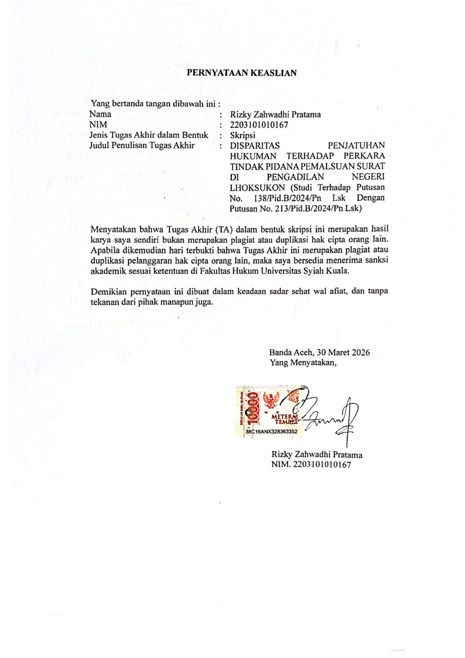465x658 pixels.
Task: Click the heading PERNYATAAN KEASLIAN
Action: pyautogui.click(x=242, y=73)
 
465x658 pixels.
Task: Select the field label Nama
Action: pyautogui.click(x=100, y=114)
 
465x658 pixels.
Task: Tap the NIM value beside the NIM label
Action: pyautogui.click(x=259, y=125)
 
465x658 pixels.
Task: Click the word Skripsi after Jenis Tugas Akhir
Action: pyautogui.click(x=242, y=135)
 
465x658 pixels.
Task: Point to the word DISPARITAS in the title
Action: pyautogui.click(x=254, y=146)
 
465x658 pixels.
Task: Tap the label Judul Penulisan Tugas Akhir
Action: pyautogui.click(x=142, y=146)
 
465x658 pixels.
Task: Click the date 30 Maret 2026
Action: pyautogui.click(x=343, y=352)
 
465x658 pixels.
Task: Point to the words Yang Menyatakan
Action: pyautogui.click(x=303, y=363)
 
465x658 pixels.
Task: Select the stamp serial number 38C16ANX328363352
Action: pyautogui.click(x=271, y=432)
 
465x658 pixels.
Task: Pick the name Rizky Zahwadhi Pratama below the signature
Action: pyautogui.click(x=317, y=455)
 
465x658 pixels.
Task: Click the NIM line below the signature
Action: pyautogui.click(x=311, y=465)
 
